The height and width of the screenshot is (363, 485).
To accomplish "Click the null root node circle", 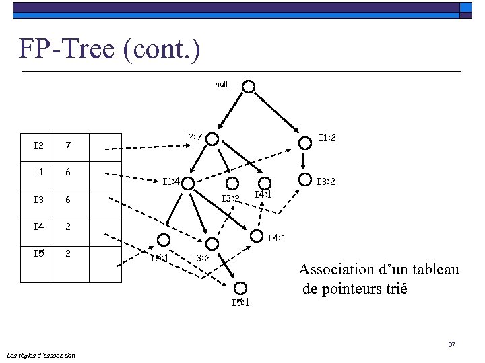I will point(249,87).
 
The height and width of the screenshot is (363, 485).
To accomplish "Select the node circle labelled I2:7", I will point(213,139).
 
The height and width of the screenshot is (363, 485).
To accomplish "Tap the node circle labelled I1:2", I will point(304,138).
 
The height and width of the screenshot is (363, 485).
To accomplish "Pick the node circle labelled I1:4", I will point(189,183).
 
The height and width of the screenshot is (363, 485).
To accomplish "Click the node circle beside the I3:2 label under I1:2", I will point(304,181).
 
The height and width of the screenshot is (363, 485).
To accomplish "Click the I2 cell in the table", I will point(38,145).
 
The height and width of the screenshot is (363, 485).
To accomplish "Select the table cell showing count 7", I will point(68,145).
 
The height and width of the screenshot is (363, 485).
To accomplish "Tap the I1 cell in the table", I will point(38,172).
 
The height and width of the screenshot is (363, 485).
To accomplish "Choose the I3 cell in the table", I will point(38,200).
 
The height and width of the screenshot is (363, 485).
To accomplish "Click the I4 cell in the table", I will point(38,227).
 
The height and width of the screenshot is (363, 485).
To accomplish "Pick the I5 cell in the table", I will point(38,254).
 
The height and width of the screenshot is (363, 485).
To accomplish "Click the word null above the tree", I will point(221,84).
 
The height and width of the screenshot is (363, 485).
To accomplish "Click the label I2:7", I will point(193,138).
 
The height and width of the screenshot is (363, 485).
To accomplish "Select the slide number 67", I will point(452,345).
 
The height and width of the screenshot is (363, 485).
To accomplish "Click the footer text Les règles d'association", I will point(40,355).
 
